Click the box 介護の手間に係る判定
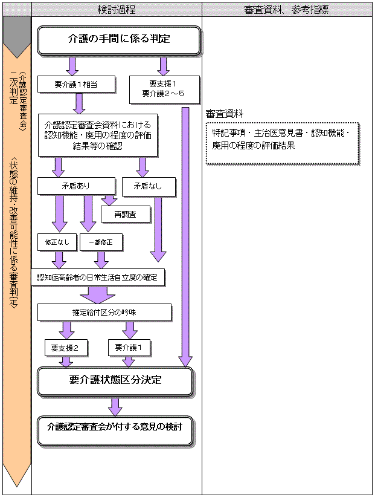[118, 40]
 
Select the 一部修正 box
[100, 243]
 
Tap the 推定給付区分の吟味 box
[104, 313]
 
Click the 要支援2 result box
[66, 348]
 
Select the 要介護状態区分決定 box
[115, 381]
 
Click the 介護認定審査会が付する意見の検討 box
[115, 426]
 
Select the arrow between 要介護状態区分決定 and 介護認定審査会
[115, 405]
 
